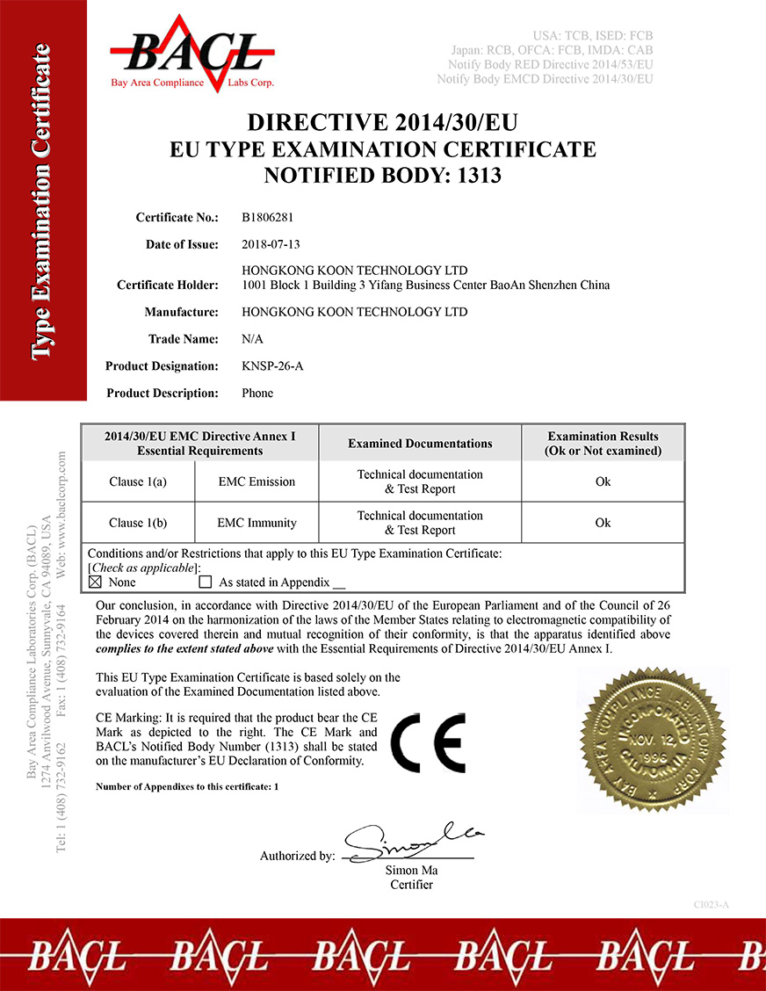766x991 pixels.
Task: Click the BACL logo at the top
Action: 192,53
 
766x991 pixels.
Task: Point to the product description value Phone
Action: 257,393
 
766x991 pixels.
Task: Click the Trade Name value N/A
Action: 252,338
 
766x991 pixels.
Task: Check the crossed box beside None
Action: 96,582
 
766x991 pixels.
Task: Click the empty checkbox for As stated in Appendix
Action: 206,582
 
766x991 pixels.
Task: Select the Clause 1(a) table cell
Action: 138,481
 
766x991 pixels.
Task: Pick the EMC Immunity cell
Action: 257,523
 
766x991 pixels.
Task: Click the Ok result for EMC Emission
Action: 603,481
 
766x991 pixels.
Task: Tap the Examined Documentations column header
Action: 420,443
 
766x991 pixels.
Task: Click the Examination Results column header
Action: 603,443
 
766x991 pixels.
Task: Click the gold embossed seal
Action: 653,740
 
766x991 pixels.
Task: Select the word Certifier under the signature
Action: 411,884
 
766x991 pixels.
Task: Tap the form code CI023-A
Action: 712,904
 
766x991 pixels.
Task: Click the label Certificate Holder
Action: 167,285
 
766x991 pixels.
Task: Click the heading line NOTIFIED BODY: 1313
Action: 383,176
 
